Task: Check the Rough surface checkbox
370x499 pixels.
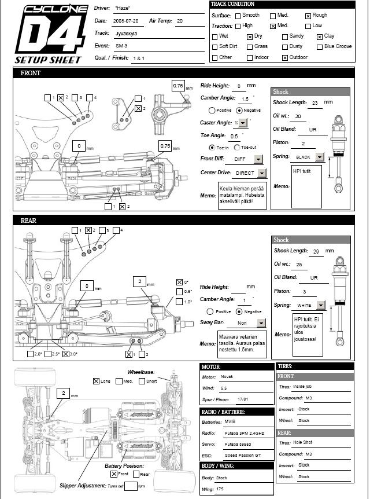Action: (308, 16)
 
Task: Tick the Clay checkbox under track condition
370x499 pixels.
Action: (320, 36)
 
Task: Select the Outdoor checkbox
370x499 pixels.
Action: (285, 58)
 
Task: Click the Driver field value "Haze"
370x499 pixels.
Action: (122, 9)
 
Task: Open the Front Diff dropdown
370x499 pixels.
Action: (258, 159)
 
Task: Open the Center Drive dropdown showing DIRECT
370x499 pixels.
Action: (261, 173)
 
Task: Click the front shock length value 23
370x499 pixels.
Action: (315, 103)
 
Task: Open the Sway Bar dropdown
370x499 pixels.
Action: (261, 324)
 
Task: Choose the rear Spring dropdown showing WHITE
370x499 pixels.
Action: (321, 304)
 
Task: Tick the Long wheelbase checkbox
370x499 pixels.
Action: (97, 381)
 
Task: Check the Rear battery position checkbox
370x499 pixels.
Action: (136, 474)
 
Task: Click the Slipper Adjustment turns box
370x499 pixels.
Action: (131, 486)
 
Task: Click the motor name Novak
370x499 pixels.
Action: (227, 377)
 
